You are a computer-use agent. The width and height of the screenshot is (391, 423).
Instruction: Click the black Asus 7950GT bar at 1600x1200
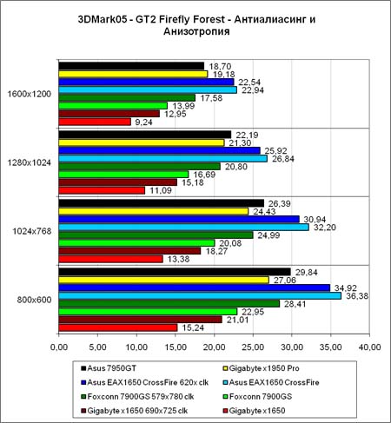(131, 66)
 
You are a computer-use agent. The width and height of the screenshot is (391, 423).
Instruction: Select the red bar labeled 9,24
(95, 122)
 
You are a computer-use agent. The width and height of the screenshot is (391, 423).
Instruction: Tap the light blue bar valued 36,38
(200, 295)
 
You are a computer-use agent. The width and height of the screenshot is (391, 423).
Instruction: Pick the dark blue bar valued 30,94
(179, 219)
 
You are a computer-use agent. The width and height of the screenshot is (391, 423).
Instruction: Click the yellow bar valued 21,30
(142, 142)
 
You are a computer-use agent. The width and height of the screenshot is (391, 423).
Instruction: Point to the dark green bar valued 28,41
(169, 304)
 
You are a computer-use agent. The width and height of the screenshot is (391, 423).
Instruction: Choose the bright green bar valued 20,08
(136, 243)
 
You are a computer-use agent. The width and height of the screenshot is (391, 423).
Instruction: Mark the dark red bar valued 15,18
(118, 182)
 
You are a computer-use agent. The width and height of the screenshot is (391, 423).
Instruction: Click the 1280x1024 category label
(29, 162)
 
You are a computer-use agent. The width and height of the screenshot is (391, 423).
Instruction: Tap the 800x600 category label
(34, 300)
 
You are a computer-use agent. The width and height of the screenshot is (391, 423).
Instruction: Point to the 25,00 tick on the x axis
(253, 347)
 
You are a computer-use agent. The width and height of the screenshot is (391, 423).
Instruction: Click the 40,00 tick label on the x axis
(369, 347)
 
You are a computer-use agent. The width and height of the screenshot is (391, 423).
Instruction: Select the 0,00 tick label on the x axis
(59, 347)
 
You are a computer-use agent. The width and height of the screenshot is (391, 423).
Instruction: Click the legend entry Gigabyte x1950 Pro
(261, 368)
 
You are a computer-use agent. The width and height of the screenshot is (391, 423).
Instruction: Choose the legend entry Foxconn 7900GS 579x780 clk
(137, 397)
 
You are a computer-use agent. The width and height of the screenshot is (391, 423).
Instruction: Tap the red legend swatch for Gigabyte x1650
(225, 411)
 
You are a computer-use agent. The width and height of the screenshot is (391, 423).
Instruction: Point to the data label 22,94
(253, 90)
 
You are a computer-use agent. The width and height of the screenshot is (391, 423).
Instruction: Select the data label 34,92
(346, 288)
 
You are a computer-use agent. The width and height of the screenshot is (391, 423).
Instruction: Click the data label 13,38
(178, 259)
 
